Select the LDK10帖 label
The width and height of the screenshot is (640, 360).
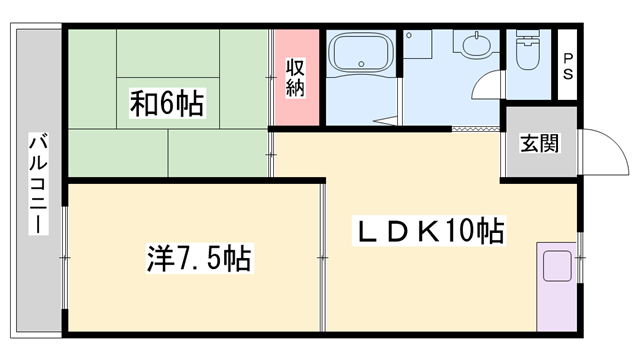[430, 233]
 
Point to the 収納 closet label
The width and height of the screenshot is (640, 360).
[296, 78]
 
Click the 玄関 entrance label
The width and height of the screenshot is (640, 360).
[538, 143]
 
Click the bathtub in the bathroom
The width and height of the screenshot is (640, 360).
[361, 56]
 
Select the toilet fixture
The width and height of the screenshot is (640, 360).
[526, 49]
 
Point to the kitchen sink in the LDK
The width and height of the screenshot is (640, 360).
[555, 267]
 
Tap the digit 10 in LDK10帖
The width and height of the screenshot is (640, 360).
[460, 233]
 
